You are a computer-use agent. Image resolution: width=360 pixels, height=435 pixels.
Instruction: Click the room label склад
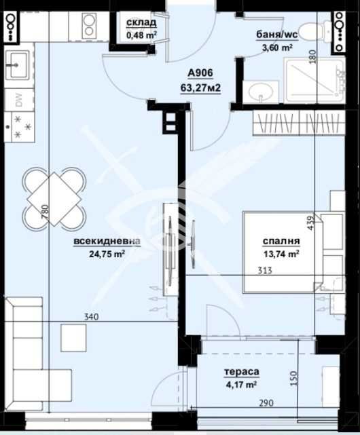(x=141, y=23)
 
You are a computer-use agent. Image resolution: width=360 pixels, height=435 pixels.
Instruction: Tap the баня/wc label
(x=276, y=35)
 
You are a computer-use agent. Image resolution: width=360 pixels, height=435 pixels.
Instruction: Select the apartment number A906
(x=200, y=73)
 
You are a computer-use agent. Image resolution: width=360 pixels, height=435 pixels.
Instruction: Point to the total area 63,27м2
(x=200, y=88)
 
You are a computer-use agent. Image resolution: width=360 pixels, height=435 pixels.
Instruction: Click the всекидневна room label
(x=107, y=241)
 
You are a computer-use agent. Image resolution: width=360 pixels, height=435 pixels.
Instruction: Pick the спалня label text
(x=281, y=241)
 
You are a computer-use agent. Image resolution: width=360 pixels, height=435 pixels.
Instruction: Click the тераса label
(x=241, y=372)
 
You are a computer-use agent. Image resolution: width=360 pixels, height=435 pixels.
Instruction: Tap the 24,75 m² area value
(x=107, y=254)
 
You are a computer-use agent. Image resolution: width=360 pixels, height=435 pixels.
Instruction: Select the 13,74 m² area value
(x=281, y=254)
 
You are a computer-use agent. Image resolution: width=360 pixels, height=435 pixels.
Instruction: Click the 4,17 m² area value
(x=241, y=385)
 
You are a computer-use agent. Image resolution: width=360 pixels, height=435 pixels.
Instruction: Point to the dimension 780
(x=45, y=212)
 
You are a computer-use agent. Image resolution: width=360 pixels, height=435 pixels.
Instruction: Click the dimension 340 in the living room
(x=91, y=316)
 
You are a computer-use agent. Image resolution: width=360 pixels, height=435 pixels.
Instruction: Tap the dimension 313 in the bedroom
(x=265, y=270)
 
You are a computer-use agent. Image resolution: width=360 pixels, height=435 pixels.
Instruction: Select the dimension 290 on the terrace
(x=266, y=402)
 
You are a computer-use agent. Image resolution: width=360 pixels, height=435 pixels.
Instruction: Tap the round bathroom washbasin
(x=261, y=91)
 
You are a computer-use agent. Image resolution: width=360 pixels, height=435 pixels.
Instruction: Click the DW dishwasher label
(x=19, y=100)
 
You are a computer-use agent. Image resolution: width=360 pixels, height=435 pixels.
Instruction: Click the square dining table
(x=54, y=199)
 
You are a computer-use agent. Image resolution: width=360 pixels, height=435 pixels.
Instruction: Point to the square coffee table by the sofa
(x=73, y=338)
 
